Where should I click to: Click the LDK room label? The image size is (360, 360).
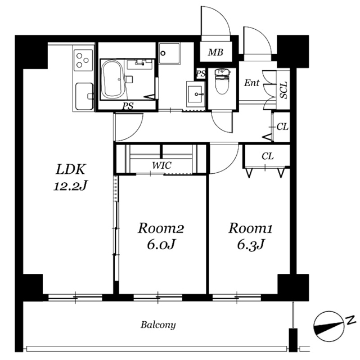coord(71,170)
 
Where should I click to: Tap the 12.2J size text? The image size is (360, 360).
coord(71,186)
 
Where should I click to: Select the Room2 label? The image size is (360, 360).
coord(161,228)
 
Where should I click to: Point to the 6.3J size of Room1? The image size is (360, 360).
coord(251,245)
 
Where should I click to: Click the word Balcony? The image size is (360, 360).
coord(158,325)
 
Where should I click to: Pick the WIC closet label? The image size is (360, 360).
coord(161,165)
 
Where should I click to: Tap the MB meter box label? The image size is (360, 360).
coord(215,52)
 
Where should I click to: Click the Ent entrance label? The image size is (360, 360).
coord(251,83)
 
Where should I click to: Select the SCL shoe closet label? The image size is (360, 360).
coord(283,90)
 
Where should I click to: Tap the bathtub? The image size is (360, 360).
coord(112,79)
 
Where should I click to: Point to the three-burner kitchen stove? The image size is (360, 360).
coord(83,60)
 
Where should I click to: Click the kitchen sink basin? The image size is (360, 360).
coord(84,96)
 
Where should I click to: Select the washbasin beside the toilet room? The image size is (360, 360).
coord(196,94)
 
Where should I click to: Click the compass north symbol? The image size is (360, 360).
coord(328,326)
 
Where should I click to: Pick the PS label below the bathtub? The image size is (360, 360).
coord(128,106)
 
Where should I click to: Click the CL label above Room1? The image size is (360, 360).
coord(268,156)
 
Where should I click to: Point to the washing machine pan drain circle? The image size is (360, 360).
coord(163,53)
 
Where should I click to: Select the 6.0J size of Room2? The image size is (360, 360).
coord(161,245)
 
